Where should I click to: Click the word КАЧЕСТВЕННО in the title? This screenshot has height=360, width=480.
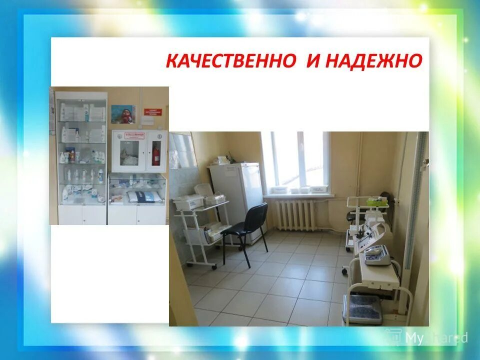click(230, 61)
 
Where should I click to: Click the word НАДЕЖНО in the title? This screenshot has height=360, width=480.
click(373, 61)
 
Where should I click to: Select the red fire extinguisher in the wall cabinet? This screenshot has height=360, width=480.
click(156, 152)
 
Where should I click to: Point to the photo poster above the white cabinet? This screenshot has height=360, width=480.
click(123, 114)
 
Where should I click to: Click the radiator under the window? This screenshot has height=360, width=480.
click(296, 215)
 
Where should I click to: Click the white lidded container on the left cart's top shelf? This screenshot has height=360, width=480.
click(188, 201)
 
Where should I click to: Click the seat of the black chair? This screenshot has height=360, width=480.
click(238, 230)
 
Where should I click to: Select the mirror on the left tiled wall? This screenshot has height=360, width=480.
click(182, 150)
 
